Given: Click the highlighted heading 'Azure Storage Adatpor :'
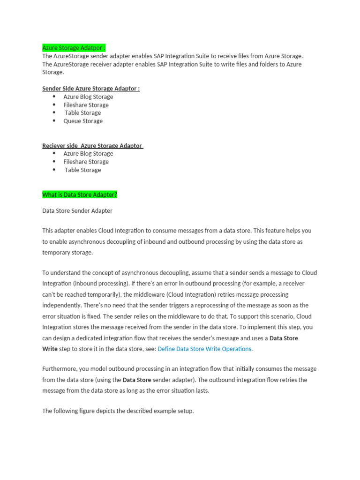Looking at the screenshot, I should (x=74, y=48).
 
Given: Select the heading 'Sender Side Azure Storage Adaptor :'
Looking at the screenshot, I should (x=91, y=89).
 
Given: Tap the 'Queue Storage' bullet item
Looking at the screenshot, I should (x=83, y=121).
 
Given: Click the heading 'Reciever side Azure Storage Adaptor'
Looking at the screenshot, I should (x=92, y=146).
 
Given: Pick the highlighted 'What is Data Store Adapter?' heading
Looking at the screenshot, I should (x=80, y=195).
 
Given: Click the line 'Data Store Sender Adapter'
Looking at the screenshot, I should (x=77, y=211).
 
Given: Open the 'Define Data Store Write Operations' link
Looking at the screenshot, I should (x=204, y=349).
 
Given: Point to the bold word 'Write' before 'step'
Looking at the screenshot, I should (x=50, y=349).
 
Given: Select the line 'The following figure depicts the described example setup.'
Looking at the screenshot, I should (x=118, y=411).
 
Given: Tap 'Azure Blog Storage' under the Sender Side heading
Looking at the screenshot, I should (x=88, y=97).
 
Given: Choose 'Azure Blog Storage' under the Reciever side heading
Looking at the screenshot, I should (x=88, y=154).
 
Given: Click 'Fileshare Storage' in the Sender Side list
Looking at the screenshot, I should (x=86, y=105).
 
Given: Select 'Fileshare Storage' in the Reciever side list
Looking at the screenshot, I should (x=86, y=162).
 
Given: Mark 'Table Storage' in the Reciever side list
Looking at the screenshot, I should (x=82, y=170).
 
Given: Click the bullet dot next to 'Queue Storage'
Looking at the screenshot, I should (x=54, y=121).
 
